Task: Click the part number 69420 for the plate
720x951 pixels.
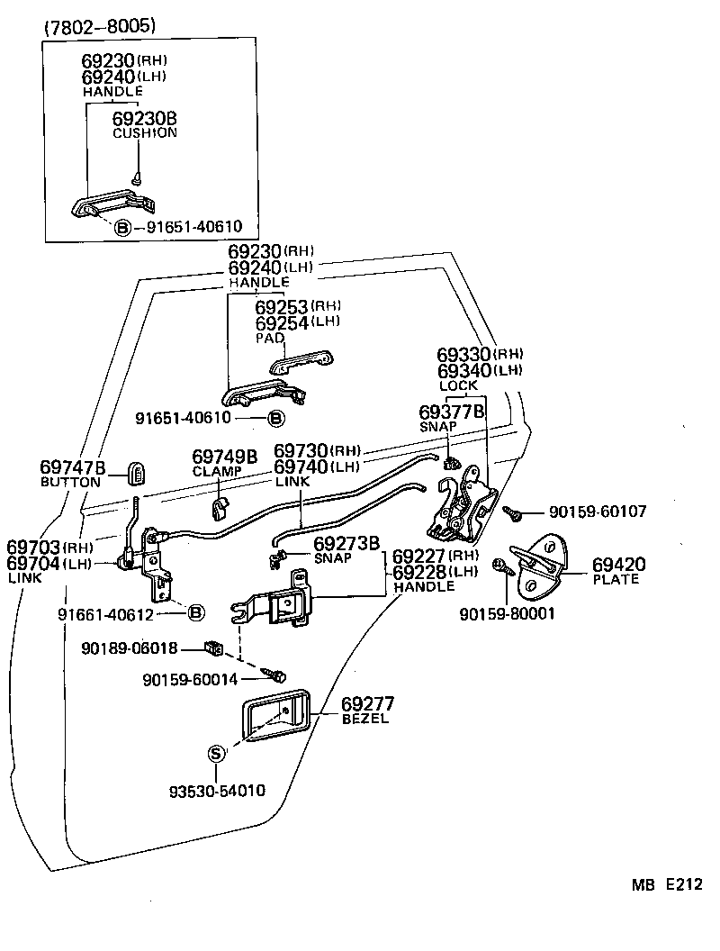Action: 618,565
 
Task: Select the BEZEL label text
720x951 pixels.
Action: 364,719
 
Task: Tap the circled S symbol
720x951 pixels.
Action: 216,753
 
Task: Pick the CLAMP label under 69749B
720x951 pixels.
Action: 212,471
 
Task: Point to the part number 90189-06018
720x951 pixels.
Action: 129,648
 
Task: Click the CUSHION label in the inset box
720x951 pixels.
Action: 144,132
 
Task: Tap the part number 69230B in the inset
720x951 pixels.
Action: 144,118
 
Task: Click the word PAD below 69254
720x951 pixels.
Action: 270,338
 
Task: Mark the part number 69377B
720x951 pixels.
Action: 452,412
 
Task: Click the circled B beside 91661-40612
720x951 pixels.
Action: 196,613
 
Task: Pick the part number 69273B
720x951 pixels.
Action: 346,543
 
